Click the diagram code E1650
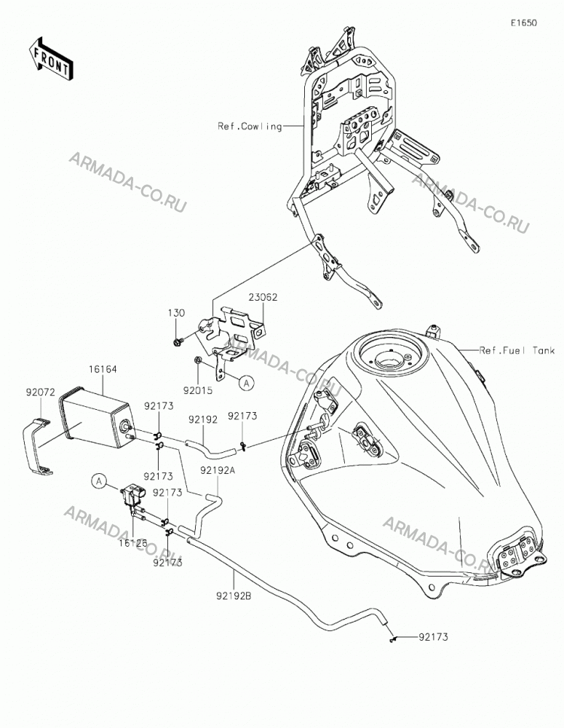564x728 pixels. point(524,23)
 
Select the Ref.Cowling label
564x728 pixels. point(250,126)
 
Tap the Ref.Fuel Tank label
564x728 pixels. point(517,351)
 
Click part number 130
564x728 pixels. point(176,313)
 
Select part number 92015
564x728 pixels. point(198,390)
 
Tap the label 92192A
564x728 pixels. point(218,470)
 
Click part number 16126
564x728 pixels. point(132,543)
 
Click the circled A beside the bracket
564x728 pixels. point(247,383)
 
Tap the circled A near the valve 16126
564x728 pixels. point(99,481)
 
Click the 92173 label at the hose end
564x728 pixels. point(433,637)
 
